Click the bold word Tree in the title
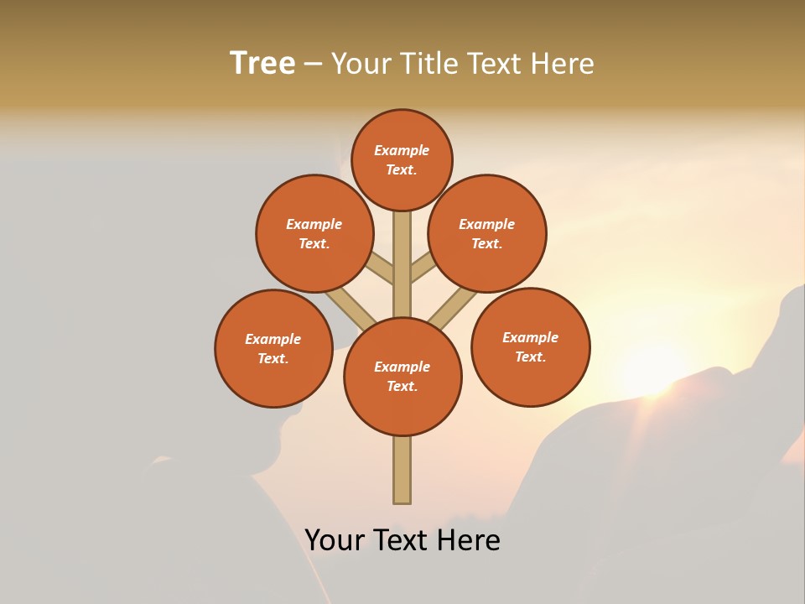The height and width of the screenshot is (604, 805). (262, 64)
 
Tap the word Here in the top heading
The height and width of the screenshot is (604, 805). (563, 64)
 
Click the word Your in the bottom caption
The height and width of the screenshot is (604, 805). (335, 539)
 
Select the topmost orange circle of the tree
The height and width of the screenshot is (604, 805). (402, 159)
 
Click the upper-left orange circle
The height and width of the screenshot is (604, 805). (314, 233)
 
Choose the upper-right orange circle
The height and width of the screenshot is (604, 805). (487, 233)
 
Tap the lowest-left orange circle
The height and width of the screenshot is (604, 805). (273, 348)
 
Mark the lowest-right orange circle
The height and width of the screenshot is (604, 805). (530, 346)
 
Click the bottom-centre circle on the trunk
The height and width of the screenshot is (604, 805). (402, 376)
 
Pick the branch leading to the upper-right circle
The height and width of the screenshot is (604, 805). (423, 268)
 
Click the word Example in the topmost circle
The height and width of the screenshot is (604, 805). (402, 150)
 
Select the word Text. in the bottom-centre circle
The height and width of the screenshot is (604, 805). (402, 386)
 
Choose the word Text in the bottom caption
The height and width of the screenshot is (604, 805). (400, 539)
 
